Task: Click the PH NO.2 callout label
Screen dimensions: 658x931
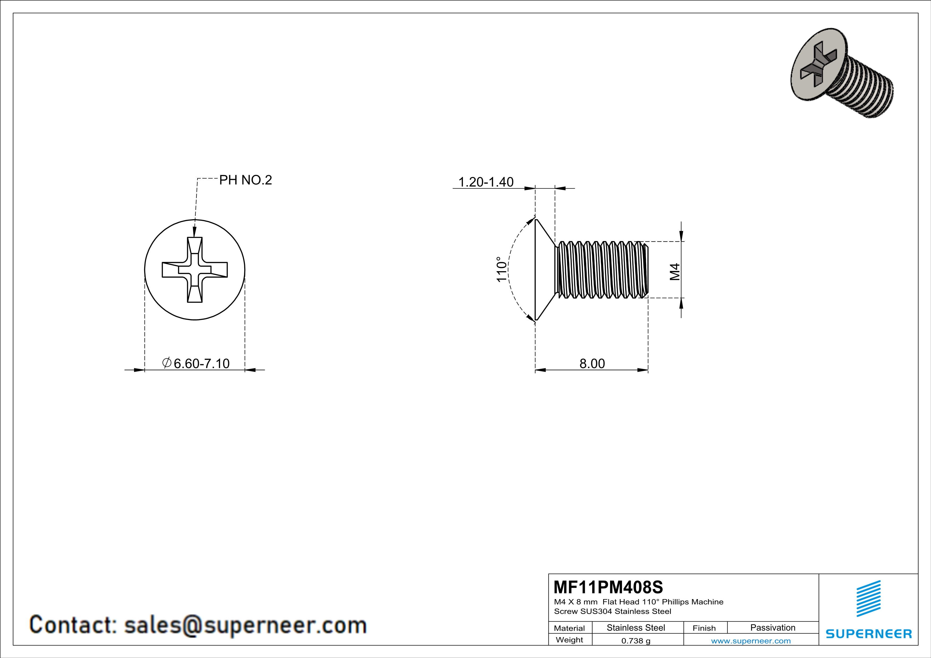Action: point(245,180)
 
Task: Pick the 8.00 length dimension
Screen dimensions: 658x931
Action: point(592,363)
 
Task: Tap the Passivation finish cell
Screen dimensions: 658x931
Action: point(773,627)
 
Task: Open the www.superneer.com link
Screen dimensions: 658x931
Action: point(750,640)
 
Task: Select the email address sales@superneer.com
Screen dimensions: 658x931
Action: point(245,625)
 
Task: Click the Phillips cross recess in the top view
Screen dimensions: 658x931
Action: point(195,270)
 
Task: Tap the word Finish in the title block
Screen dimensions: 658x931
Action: point(704,628)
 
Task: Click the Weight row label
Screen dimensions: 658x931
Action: point(569,640)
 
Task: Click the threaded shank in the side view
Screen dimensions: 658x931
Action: point(602,270)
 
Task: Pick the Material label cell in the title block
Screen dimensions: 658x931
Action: point(569,628)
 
